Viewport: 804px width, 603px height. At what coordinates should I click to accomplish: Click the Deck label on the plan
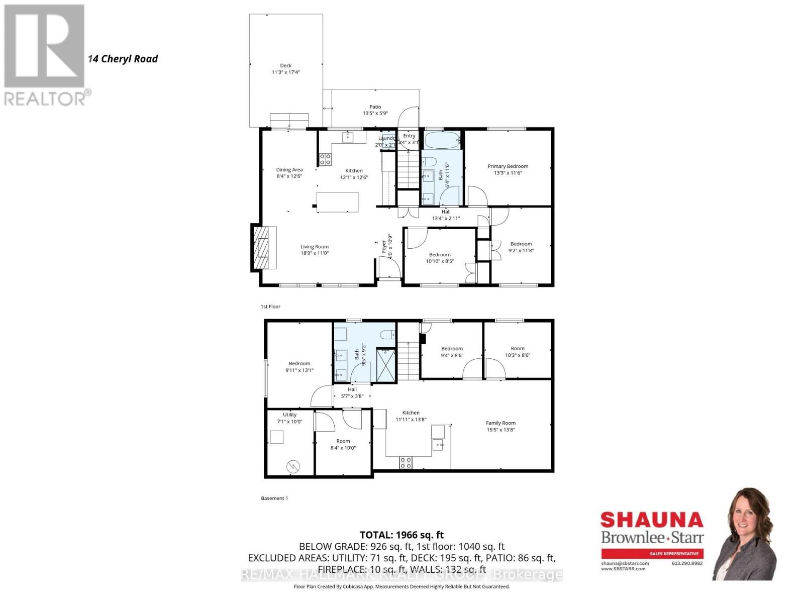click(286, 66)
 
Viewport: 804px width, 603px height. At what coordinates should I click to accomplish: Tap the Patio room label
click(375, 107)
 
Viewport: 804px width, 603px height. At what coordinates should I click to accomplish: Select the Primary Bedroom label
click(508, 166)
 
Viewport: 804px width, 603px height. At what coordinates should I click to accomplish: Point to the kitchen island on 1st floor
click(338, 202)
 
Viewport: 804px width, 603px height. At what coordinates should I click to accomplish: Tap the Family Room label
click(500, 423)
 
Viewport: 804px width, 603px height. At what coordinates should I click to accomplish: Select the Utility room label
click(289, 415)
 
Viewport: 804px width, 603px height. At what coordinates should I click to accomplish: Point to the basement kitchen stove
click(406, 463)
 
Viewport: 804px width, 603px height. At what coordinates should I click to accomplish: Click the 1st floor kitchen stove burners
click(325, 160)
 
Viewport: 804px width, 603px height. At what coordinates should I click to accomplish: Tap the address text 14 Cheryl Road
click(123, 59)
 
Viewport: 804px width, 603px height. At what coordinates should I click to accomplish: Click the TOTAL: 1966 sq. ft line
click(401, 535)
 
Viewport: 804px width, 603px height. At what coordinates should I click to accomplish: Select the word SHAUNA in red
click(652, 520)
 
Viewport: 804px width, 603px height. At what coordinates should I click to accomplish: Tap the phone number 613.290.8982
click(687, 563)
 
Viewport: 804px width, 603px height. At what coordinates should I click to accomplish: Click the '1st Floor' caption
click(270, 307)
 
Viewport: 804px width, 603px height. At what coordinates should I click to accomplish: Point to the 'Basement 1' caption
click(274, 498)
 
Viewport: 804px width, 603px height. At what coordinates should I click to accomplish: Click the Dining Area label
click(289, 170)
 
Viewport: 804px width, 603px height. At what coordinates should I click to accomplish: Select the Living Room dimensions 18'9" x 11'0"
click(315, 253)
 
